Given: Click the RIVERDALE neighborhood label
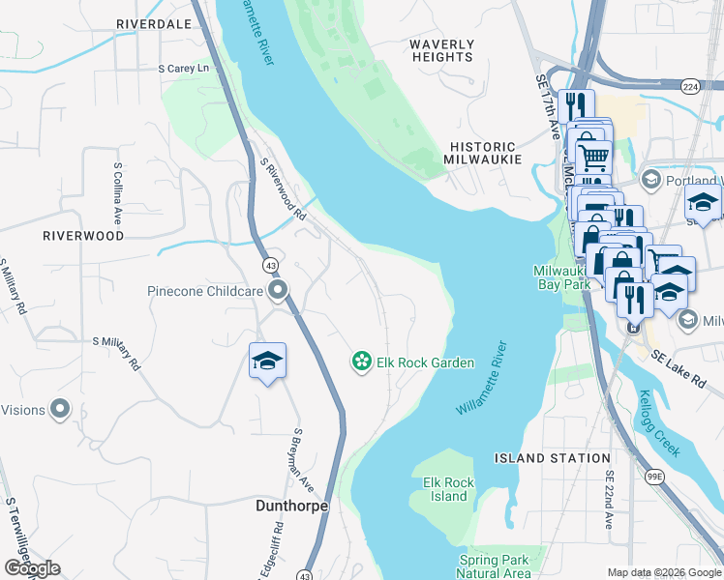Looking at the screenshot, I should [153, 23].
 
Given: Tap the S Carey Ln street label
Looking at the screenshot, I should [184, 69].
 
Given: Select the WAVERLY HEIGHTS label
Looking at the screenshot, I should [441, 50].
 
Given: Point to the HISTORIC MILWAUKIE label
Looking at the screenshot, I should [484, 153].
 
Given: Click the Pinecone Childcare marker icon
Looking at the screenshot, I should [279, 290].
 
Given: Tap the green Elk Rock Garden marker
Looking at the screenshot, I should [361, 362].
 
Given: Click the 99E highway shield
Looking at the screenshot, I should [655, 476].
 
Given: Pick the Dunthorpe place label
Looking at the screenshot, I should [264, 506].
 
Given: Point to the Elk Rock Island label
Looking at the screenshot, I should [448, 489].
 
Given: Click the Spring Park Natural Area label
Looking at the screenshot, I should [495, 566].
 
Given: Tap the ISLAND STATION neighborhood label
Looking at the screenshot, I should [552, 458].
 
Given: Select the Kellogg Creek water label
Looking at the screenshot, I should [660, 423].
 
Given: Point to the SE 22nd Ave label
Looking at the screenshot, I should [610, 500].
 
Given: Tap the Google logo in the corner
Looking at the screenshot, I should [32, 568].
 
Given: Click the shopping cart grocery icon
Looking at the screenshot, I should [592, 155].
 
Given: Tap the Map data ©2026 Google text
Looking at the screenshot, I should [663, 572].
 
